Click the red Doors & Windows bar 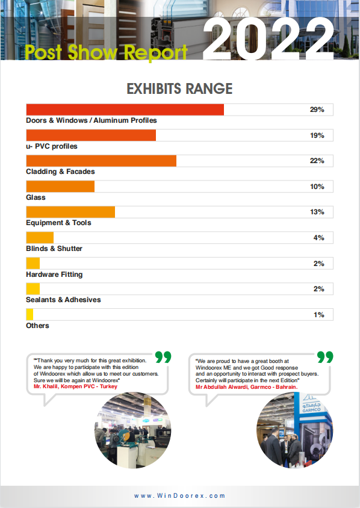(x=125, y=110)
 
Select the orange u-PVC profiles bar (x=91, y=135)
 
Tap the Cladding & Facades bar (x=101, y=161)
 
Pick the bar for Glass (x=60, y=187)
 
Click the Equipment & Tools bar (x=70, y=212)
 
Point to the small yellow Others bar (x=29, y=314)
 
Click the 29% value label (x=317, y=110)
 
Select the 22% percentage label (x=317, y=161)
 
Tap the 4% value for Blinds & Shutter (x=319, y=238)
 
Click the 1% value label (x=319, y=315)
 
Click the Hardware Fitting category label (x=54, y=274)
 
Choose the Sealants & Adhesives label (x=63, y=300)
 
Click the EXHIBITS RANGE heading (x=179, y=88)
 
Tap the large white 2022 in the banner (x=269, y=40)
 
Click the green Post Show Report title (x=107, y=52)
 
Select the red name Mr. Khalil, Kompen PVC (x=75, y=386)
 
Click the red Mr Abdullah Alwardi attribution (x=247, y=387)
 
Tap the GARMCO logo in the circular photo (x=311, y=404)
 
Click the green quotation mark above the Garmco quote (x=325, y=357)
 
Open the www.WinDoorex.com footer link (x=179, y=496)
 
